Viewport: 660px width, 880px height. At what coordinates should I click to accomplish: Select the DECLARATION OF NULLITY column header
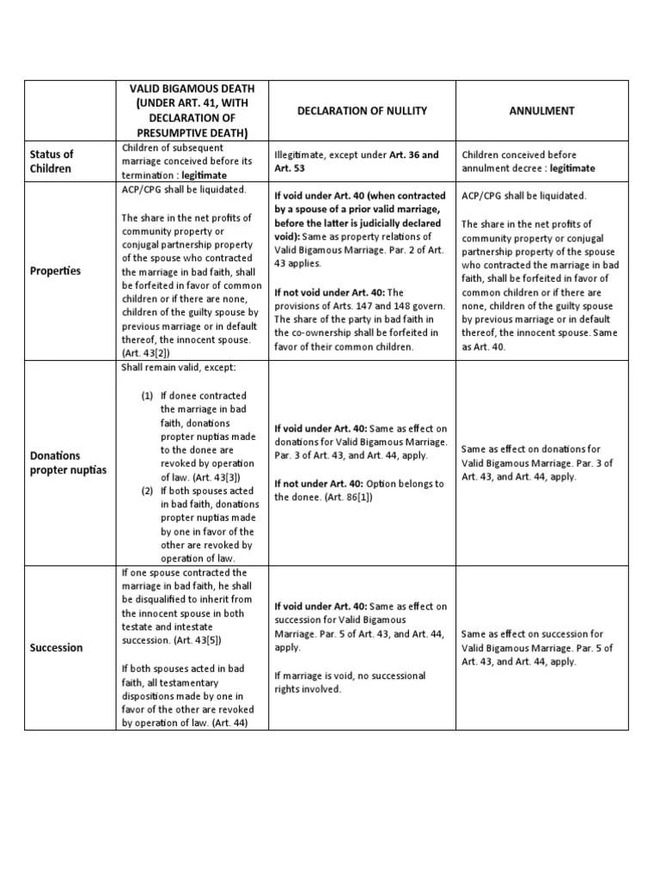coord(362,112)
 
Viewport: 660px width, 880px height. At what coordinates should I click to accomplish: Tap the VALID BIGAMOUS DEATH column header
coord(192,112)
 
